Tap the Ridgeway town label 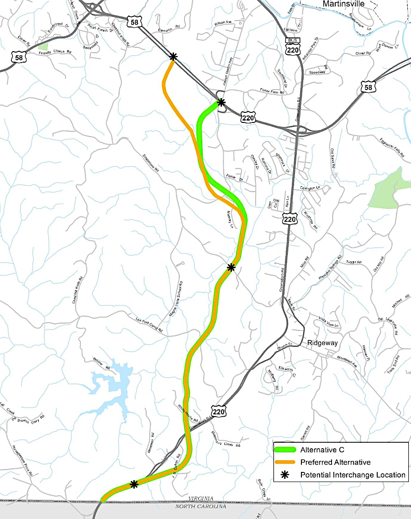(x=323, y=342)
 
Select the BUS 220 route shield (x=292, y=48)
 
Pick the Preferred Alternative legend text (x=335, y=462)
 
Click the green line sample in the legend (x=286, y=450)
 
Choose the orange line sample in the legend (x=286, y=462)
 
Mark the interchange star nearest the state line (x=134, y=484)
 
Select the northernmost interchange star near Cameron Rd (x=173, y=57)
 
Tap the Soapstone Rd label (x=149, y=161)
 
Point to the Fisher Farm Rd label (x=272, y=91)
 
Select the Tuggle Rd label (x=353, y=262)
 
